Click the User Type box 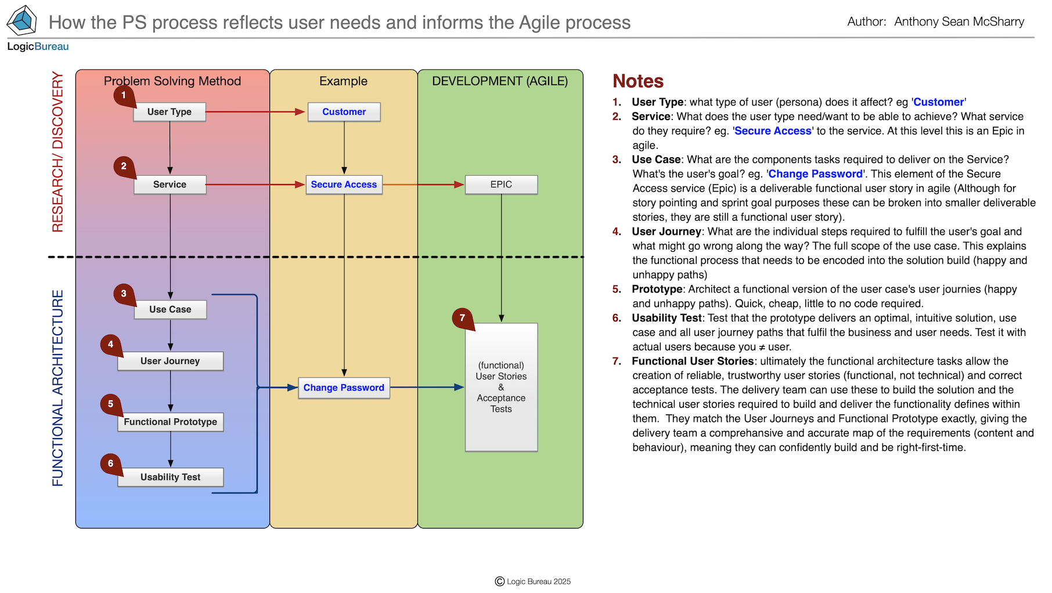[x=170, y=112]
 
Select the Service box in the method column [x=170, y=185]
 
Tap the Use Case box [x=170, y=310]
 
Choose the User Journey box [x=170, y=361]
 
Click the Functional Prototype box [x=170, y=422]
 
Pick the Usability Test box [x=170, y=477]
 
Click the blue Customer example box [x=344, y=112]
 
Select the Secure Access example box [x=344, y=185]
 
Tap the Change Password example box [x=344, y=388]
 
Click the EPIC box [x=501, y=185]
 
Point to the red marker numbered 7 [x=463, y=319]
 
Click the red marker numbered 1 [x=124, y=96]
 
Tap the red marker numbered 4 [x=110, y=345]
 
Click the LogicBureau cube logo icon [x=22, y=21]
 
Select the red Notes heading [x=638, y=81]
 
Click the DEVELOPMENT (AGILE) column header [x=500, y=81]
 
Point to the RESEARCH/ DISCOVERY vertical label [x=57, y=152]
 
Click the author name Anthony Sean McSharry [x=959, y=22]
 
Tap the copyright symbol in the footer [x=499, y=581]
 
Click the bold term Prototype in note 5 [x=657, y=290]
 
